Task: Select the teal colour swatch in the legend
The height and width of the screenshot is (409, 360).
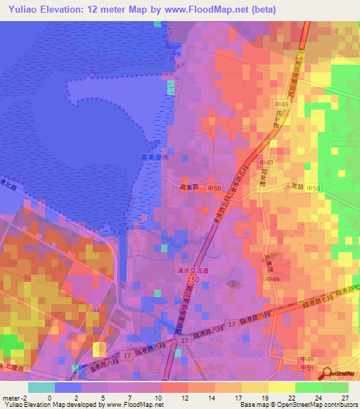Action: pyautogui.click(x=41, y=387)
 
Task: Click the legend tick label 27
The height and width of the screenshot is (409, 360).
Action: pyautogui.click(x=345, y=398)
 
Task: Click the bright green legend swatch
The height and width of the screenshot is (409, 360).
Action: pyautogui.click(x=308, y=387)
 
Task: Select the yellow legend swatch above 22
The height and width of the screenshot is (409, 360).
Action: pyautogui.click(x=281, y=387)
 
